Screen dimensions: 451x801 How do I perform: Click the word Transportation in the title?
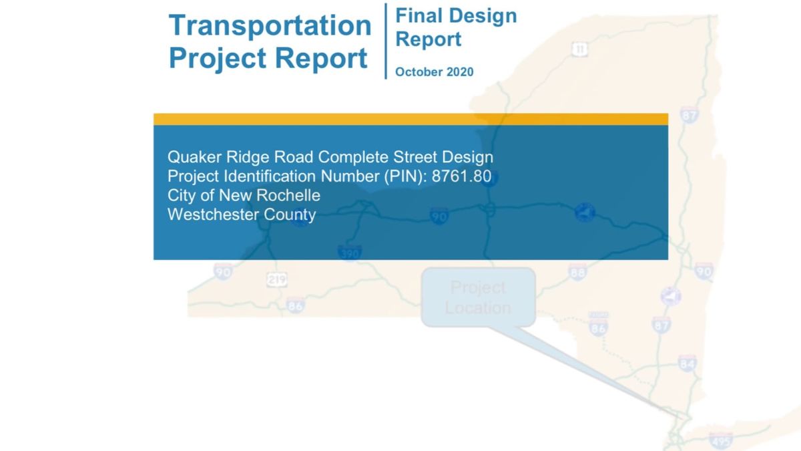[270, 25]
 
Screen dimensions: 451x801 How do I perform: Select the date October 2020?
[434, 72]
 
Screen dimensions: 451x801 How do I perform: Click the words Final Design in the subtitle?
[457, 15]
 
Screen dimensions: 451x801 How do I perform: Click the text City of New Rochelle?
[244, 196]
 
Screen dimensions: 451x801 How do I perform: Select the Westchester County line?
[242, 215]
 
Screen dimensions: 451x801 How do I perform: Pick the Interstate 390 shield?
[349, 253]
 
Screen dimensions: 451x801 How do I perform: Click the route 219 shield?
[276, 280]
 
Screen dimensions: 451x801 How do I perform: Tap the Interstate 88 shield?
[578, 272]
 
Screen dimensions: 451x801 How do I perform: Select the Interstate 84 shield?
[687, 363]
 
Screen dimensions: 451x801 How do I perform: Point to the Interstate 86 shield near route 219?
[295, 306]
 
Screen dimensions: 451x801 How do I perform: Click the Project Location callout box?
[478, 297]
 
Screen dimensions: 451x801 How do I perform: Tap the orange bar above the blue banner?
[411, 119]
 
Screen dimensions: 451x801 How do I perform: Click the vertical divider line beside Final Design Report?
[386, 40]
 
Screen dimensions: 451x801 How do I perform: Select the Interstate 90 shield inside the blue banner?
[439, 216]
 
